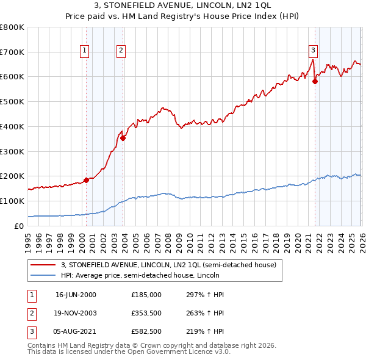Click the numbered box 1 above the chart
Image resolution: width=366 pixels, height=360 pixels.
pos(84,51)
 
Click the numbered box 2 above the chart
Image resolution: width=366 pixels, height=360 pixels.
pos(121,51)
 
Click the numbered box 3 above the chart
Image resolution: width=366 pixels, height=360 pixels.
pos(313,51)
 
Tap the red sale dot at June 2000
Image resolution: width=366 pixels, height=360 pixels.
pos(86,180)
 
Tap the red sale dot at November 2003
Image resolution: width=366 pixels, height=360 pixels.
pos(123,138)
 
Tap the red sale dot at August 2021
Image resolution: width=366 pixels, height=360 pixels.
pos(315,81)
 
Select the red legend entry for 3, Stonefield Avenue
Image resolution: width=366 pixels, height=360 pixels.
pos(168,265)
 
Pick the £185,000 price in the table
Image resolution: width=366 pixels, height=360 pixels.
pos(146,295)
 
